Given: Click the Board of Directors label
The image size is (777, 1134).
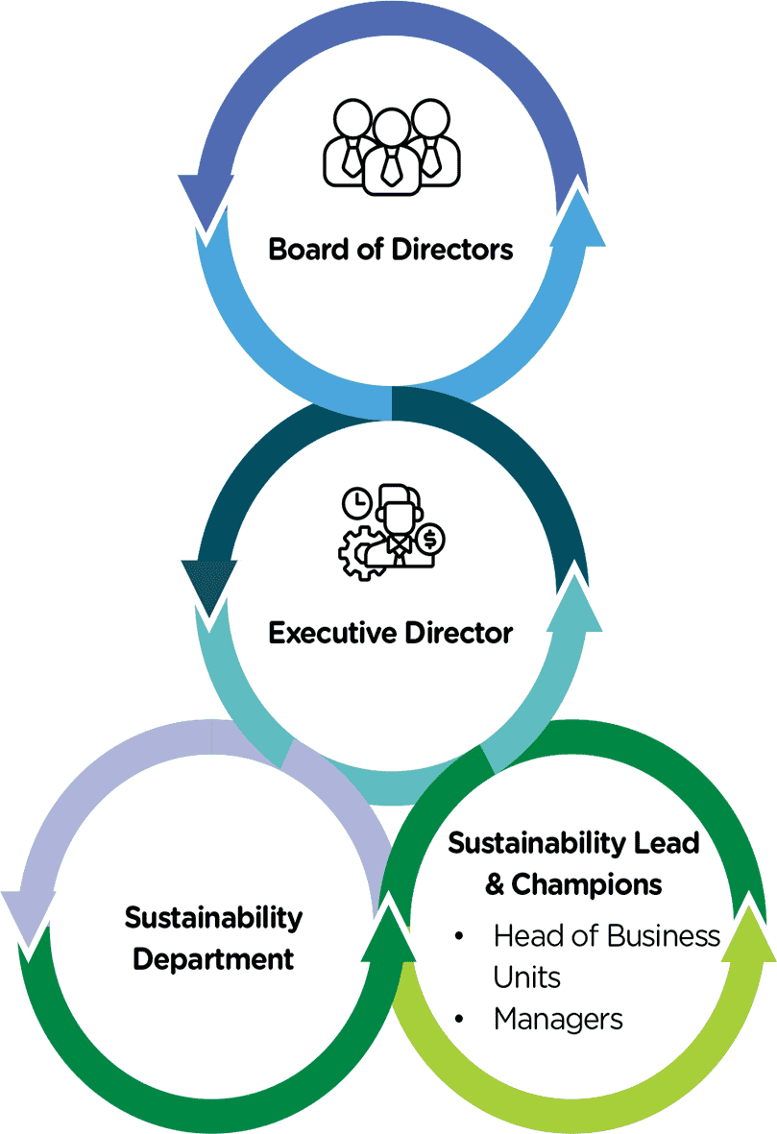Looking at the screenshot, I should point(391,250).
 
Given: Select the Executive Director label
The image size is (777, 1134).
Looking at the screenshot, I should point(391,634).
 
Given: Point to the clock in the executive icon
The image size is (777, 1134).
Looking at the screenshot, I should point(356,501).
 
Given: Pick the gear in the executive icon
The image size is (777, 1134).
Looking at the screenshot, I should point(357,552).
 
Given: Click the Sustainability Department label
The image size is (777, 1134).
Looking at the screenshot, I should point(213,937).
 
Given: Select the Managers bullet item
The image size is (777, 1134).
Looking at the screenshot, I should point(558,1019).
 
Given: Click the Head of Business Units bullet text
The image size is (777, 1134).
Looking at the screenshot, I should point(606,955).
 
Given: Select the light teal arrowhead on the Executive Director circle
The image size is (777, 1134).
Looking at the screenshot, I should point(577,600).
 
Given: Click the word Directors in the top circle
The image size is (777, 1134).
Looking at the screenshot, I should point(452,250).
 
